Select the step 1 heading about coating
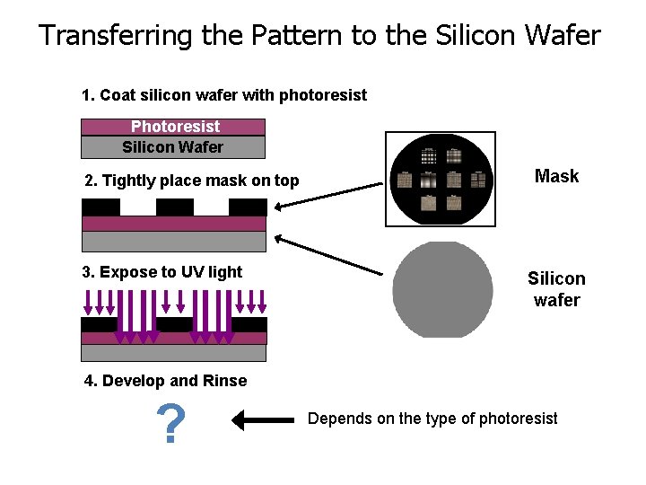pos(223,95)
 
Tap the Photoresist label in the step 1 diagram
pos(175,127)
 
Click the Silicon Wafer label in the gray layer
pos(173,146)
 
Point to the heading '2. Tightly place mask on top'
pos(191,181)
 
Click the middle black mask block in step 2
pos(174,207)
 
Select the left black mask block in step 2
pos(100,207)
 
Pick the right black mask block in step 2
pos(248,207)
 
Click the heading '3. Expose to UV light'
pos(161,272)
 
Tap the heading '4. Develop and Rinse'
pos(165,381)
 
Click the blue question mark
pos(170,424)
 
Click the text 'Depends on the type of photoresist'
pos(432,419)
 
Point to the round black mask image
pos(439,180)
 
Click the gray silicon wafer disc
pos(442,290)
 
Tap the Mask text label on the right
pos(556,176)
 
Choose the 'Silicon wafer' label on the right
pos(556,289)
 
